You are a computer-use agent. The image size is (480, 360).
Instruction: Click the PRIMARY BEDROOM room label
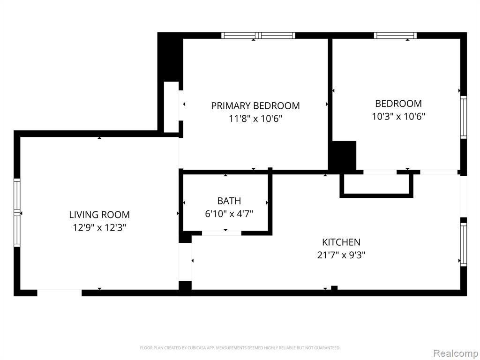pyautogui.click(x=255, y=105)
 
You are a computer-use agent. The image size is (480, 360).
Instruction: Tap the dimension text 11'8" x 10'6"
pyautogui.click(x=255, y=119)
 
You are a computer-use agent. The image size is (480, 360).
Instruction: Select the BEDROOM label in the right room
pyautogui.click(x=398, y=104)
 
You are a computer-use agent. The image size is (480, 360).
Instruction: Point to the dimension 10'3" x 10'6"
pyautogui.click(x=398, y=116)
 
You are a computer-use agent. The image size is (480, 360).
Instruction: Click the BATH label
pyautogui.click(x=229, y=201)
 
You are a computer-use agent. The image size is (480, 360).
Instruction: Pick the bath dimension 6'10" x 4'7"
pyautogui.click(x=229, y=213)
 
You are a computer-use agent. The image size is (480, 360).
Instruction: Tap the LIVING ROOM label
pyautogui.click(x=99, y=215)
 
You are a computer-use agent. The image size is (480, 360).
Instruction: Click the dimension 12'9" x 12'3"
pyautogui.click(x=99, y=227)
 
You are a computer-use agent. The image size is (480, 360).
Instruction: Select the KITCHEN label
pyautogui.click(x=341, y=242)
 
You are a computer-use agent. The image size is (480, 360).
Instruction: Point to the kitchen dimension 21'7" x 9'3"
pyautogui.click(x=341, y=255)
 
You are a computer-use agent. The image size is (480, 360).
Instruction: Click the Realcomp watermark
pyautogui.click(x=455, y=353)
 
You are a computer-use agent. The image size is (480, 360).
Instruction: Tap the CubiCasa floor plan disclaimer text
pyautogui.click(x=240, y=348)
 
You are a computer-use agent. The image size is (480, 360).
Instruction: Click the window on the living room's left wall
pyautogui.click(x=17, y=213)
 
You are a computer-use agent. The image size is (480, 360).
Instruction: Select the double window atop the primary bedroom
pyautogui.click(x=258, y=36)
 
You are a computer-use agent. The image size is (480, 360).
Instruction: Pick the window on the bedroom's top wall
pyautogui.click(x=395, y=36)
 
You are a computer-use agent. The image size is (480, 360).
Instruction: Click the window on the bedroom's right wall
pyautogui.click(x=464, y=117)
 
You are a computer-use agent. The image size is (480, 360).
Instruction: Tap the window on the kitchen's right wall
pyautogui.click(x=464, y=244)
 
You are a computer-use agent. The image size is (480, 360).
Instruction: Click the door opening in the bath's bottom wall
pyautogui.click(x=222, y=233)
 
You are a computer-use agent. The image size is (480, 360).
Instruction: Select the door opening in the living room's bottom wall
pyautogui.click(x=60, y=293)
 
